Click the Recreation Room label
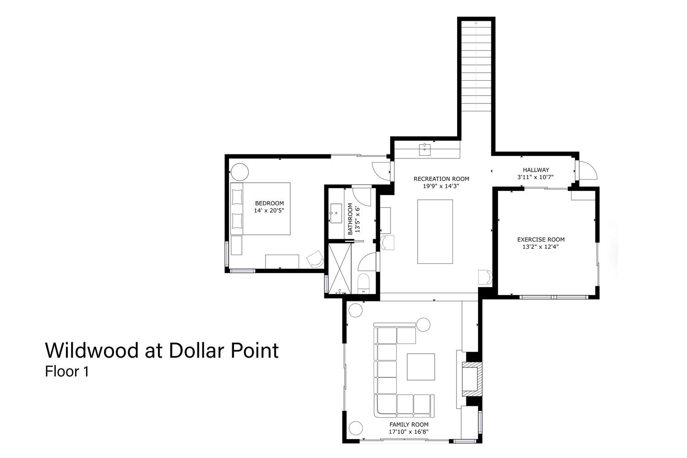click(442, 179)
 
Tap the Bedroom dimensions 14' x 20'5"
click(269, 210)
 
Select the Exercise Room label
click(541, 240)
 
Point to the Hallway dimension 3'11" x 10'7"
click(535, 177)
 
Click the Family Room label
click(409, 425)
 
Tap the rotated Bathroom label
click(350, 219)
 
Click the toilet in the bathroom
click(364, 284)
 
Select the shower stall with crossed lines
click(340, 268)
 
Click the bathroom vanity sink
click(336, 213)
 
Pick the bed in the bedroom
click(261, 209)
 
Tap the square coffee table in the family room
click(421, 367)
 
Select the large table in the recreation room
click(435, 232)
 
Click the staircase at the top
click(476, 66)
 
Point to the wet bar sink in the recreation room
click(425, 150)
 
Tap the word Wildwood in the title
click(92, 350)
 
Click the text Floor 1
click(67, 371)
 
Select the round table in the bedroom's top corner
click(240, 172)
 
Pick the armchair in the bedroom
click(315, 259)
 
